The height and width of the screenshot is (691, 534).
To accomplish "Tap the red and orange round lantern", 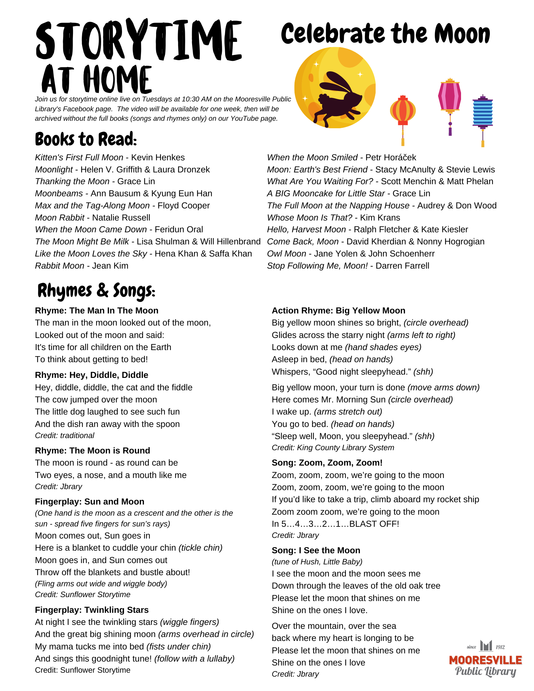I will point(403,111).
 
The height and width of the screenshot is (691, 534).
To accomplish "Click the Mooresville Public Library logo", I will point(485,659).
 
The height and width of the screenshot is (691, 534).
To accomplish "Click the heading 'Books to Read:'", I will point(86,139).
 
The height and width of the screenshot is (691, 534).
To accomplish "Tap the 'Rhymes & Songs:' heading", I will point(96,291).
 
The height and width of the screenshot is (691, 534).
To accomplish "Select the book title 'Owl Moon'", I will point(286,254).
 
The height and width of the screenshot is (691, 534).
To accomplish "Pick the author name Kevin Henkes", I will point(158,158).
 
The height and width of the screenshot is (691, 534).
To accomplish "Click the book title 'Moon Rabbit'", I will point(60,218).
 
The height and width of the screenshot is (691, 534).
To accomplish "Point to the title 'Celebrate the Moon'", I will point(385,34).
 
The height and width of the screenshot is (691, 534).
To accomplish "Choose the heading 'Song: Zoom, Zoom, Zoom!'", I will point(327,463).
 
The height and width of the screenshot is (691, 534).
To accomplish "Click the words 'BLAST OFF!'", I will point(374,524).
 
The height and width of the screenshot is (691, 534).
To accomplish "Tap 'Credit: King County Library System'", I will point(333,448).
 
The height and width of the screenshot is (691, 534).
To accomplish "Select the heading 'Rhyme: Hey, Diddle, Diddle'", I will point(92,375).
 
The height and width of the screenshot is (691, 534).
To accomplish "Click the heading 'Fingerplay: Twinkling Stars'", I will point(92,610).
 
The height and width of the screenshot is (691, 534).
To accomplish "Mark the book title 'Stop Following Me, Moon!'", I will point(317,266).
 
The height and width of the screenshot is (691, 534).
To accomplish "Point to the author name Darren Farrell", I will point(402,266).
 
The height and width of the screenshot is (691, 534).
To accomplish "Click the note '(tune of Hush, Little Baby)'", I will point(317,562).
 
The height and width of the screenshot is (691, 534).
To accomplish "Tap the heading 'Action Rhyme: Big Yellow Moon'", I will point(338,311).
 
